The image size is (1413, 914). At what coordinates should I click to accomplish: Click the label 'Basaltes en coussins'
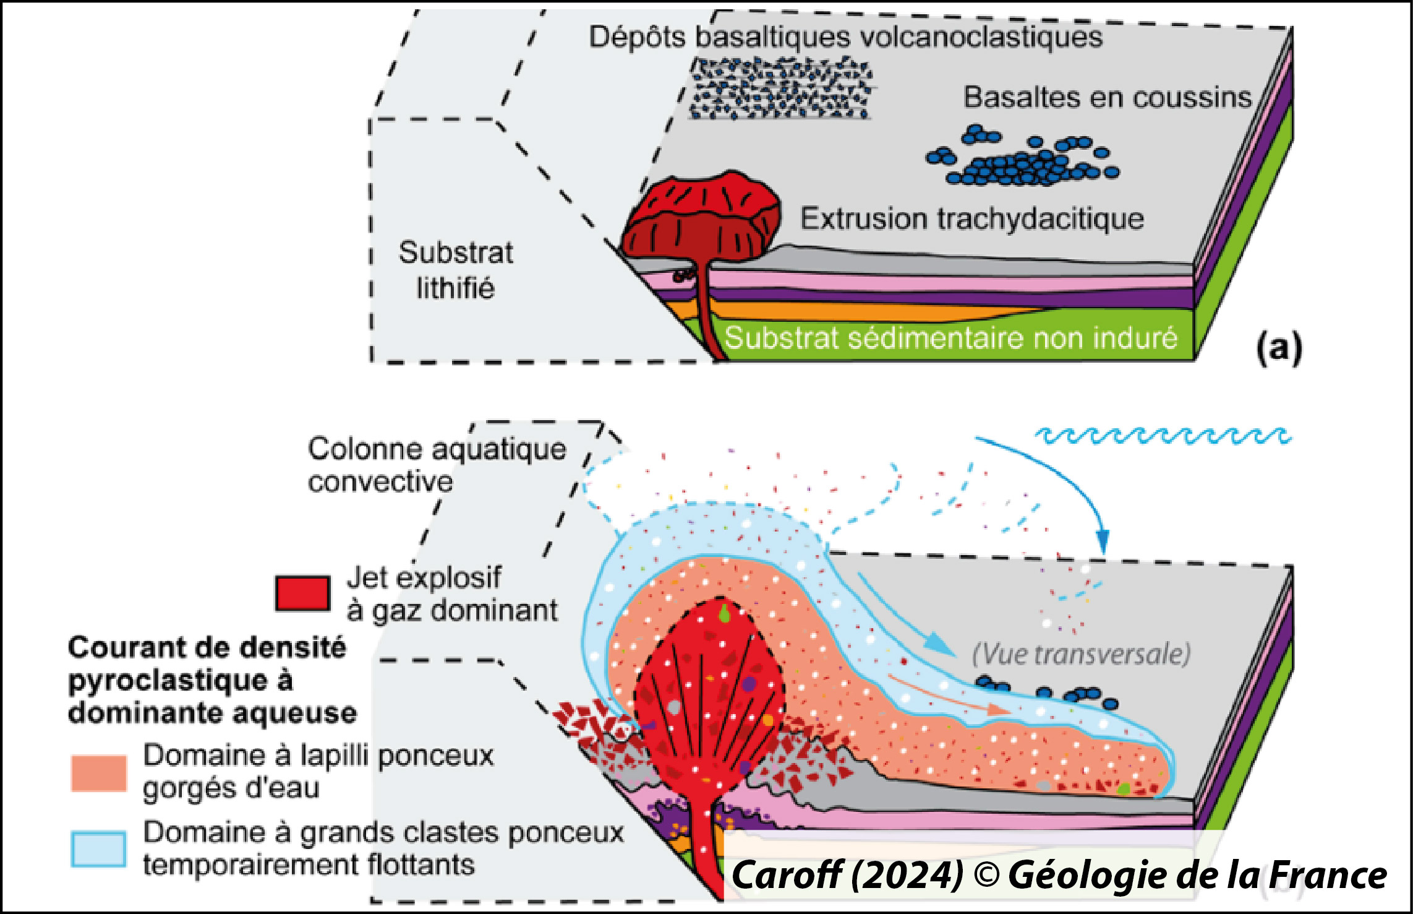(x=1108, y=98)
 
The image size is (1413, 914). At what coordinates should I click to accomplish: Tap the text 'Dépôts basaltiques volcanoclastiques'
(x=845, y=37)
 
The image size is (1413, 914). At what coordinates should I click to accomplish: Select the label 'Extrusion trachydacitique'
(x=972, y=219)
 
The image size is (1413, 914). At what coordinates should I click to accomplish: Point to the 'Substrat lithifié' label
(x=456, y=270)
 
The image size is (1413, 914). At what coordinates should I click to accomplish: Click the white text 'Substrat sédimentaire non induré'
(x=950, y=338)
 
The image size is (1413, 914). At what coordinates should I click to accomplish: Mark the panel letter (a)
(x=1279, y=348)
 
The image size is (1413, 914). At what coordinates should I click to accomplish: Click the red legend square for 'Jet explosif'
(x=302, y=593)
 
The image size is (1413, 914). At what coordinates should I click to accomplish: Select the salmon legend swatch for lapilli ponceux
(x=99, y=773)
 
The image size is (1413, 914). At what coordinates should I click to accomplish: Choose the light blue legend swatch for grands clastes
(x=99, y=849)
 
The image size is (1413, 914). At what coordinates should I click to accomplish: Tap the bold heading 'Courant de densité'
(x=207, y=648)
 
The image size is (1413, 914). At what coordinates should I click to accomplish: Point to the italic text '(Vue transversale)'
(x=1081, y=654)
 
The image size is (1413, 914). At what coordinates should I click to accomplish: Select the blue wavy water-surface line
(x=1163, y=436)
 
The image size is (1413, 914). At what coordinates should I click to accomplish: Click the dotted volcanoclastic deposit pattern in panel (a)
(x=780, y=88)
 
